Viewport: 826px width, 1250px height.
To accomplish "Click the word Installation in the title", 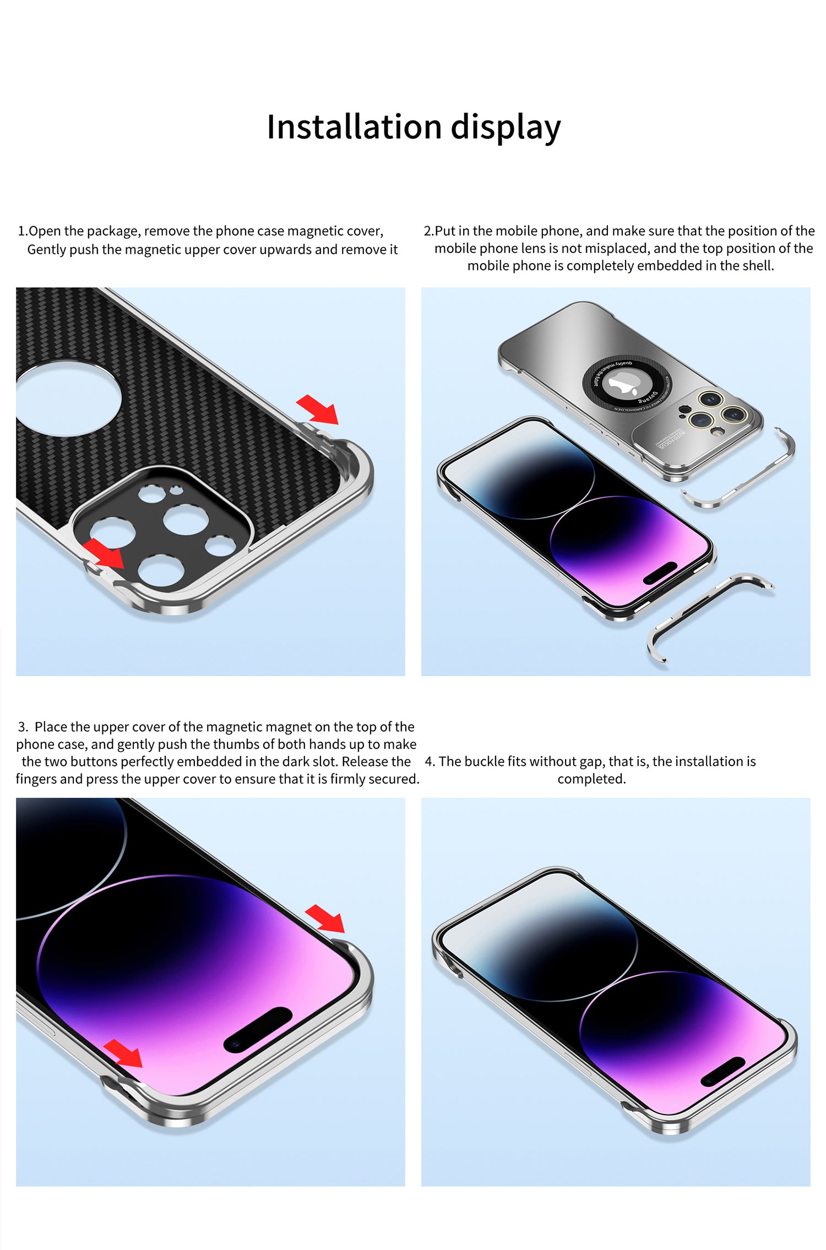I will [x=354, y=127].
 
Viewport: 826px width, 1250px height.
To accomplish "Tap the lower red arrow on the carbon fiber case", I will [x=105, y=553].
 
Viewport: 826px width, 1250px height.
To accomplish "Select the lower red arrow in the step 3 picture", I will [x=124, y=1053].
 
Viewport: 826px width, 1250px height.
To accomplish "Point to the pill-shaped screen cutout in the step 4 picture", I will [x=722, y=1072].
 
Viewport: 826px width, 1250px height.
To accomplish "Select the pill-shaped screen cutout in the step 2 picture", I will [x=660, y=572].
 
